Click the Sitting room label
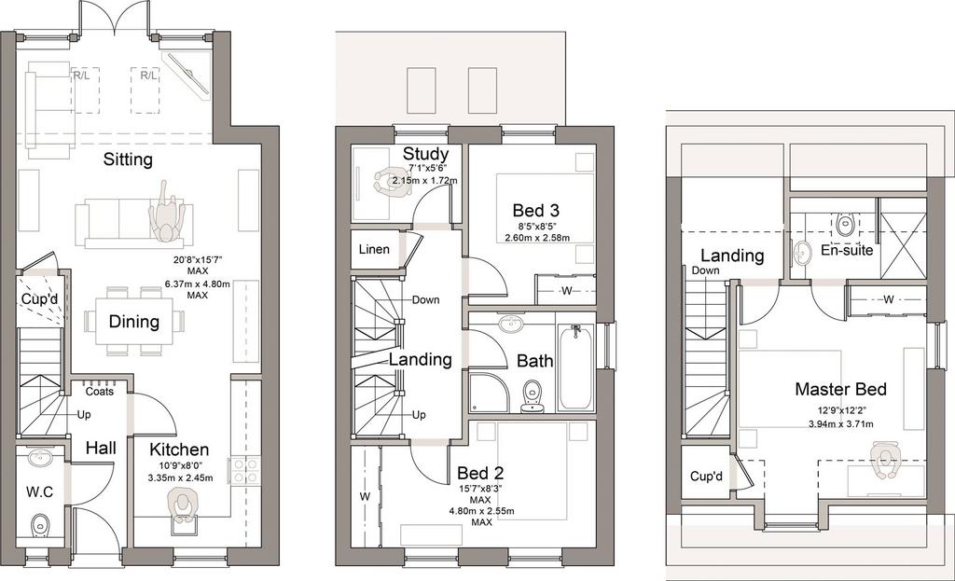[128, 160]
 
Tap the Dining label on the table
[134, 322]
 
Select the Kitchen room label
[179, 450]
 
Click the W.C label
[39, 491]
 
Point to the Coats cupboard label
[99, 392]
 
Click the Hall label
[101, 449]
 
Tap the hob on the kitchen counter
[244, 471]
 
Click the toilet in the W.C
[40, 523]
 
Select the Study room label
[425, 154]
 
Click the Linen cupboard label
[374, 249]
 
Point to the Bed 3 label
[536, 211]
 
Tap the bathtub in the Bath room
[575, 367]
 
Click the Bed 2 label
[480, 473]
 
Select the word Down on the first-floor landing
[425, 299]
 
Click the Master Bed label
[840, 389]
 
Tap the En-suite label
[847, 250]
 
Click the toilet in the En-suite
[845, 224]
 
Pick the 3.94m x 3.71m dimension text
[840, 424]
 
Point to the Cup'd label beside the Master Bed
[706, 476]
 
